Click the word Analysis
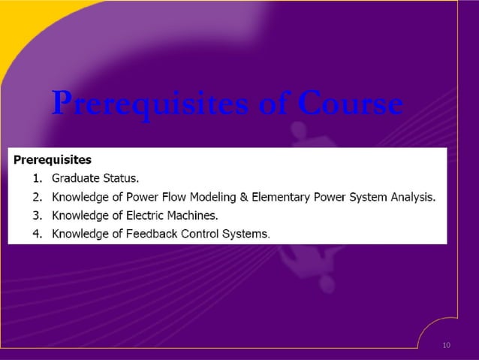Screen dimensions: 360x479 click(x=413, y=198)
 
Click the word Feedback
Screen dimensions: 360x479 click(x=151, y=234)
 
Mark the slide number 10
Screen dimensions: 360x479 click(x=447, y=345)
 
